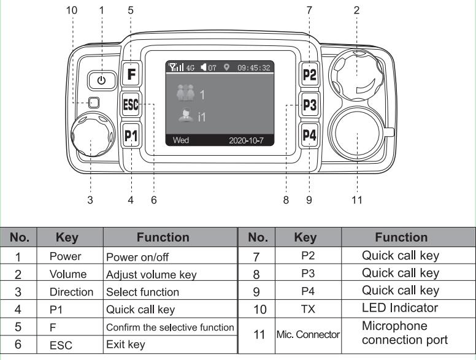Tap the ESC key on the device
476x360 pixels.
point(131,104)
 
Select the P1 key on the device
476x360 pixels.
point(131,135)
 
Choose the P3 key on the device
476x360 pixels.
point(310,105)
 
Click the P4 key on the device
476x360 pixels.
point(310,135)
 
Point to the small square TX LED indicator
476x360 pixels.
point(93,103)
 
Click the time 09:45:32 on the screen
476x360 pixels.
point(254,68)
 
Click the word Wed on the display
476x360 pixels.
point(181,140)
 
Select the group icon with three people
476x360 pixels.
point(185,94)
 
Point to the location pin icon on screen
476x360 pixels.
point(226,68)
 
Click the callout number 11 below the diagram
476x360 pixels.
point(357,200)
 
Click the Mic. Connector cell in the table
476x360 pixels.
point(308,335)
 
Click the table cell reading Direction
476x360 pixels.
point(72,291)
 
